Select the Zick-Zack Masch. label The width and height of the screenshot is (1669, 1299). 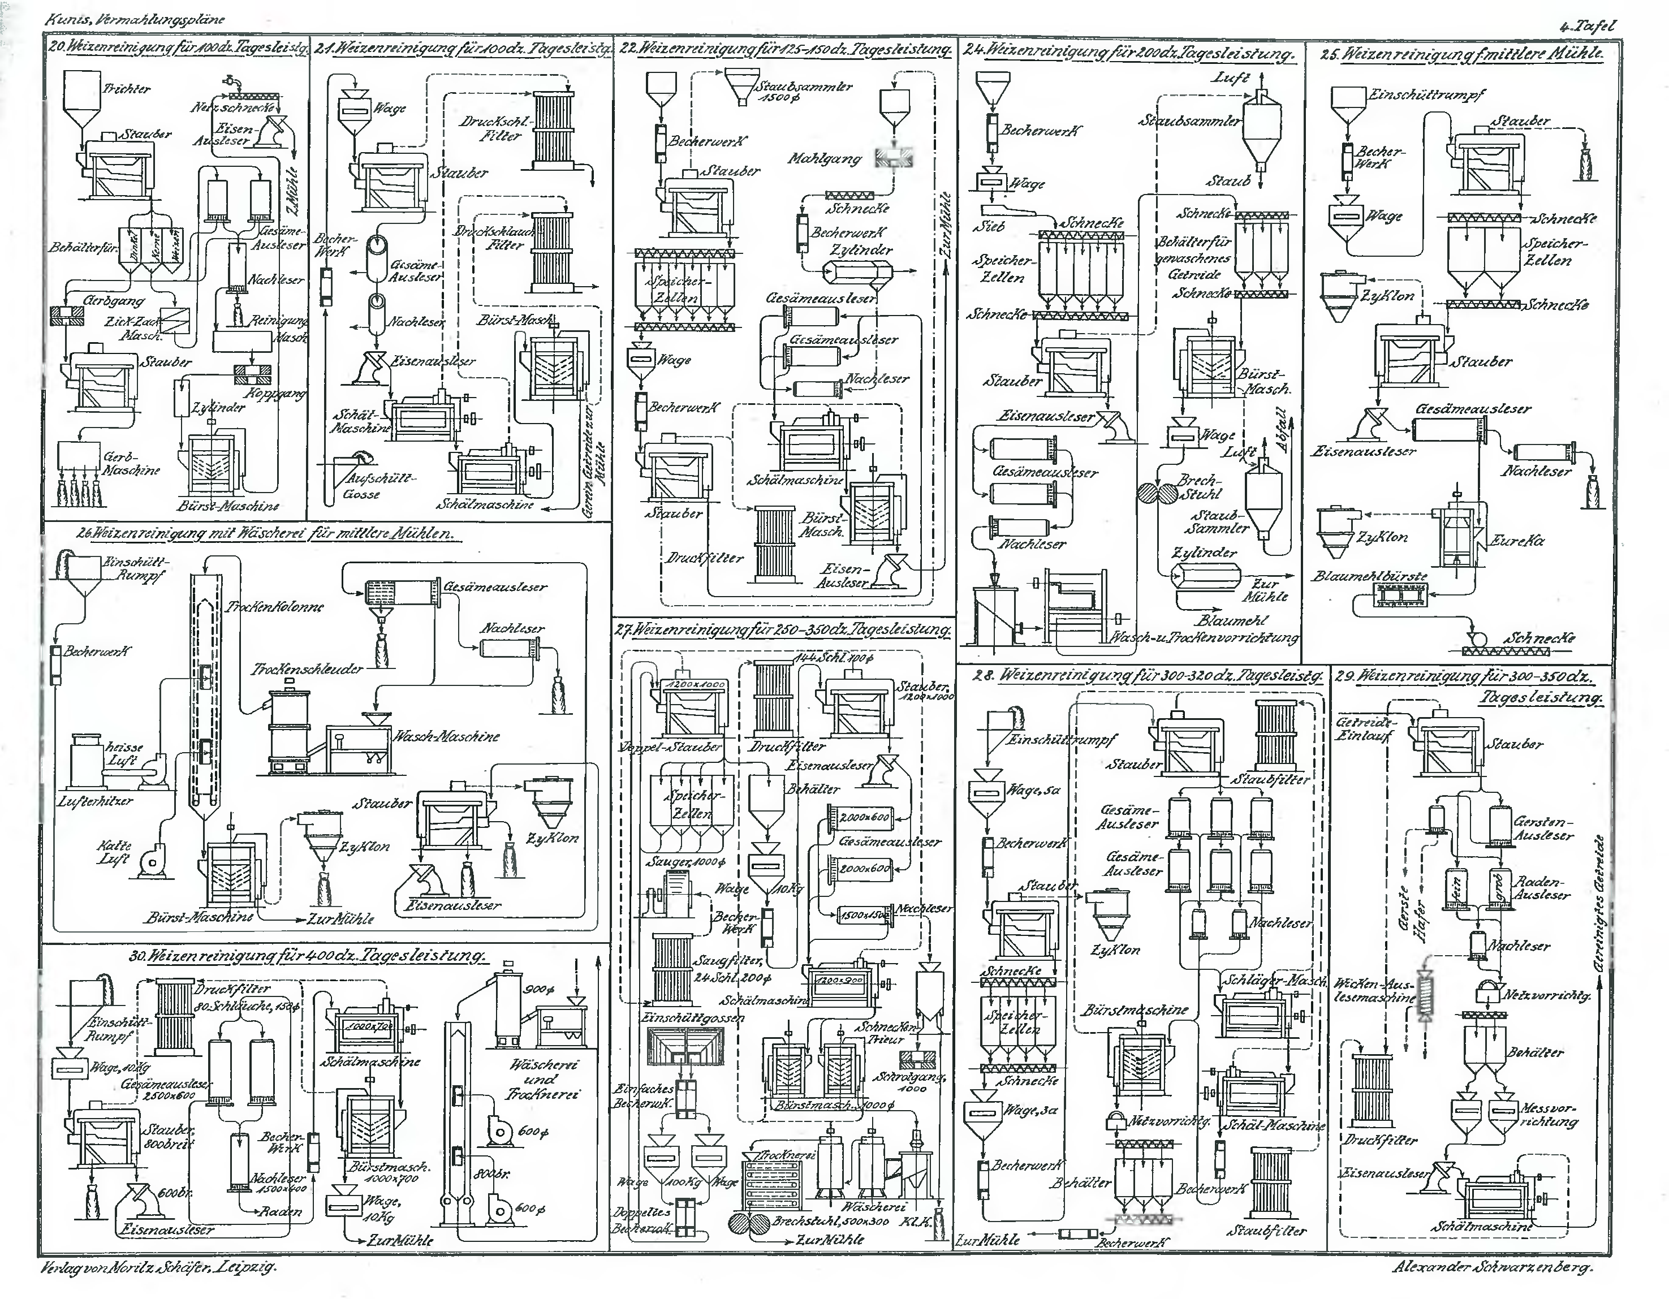(x=135, y=328)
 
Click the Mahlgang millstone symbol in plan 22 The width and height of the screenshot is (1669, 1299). (x=894, y=158)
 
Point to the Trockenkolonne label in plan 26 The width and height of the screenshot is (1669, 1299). (x=274, y=607)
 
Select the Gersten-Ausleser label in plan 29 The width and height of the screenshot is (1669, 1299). (x=1543, y=829)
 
